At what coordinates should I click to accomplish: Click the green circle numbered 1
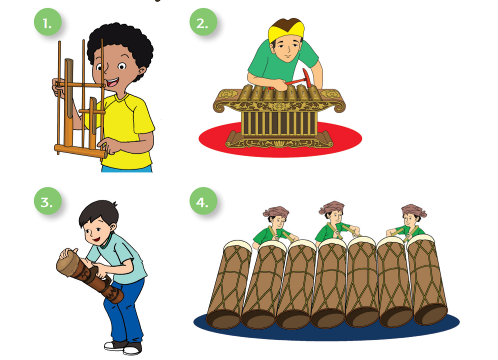tap(47, 22)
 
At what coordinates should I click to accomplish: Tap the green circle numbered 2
tap(203, 22)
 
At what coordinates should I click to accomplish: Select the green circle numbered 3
tap(47, 201)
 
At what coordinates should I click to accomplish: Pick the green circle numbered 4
tap(203, 201)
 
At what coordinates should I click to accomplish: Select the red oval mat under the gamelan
tap(280, 140)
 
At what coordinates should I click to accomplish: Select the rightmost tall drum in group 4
tap(427, 279)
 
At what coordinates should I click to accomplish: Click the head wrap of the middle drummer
tap(332, 207)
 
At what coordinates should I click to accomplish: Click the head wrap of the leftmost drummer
tap(275, 211)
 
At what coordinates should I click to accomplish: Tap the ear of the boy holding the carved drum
tap(112, 228)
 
